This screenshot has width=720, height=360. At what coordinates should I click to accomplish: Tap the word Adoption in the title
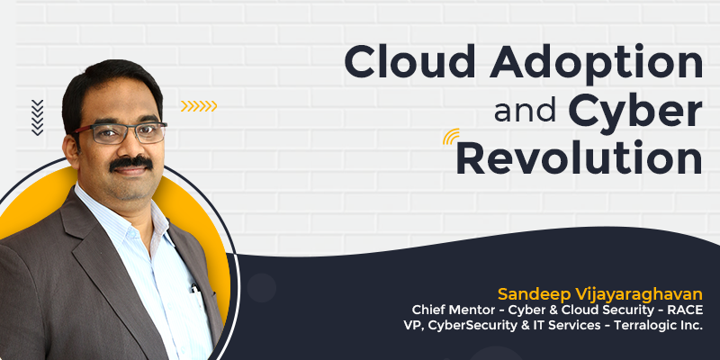[596, 65]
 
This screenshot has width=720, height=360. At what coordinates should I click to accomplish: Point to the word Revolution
[580, 157]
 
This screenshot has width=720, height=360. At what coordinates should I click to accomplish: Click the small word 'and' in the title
[526, 112]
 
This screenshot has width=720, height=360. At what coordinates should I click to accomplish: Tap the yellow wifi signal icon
[451, 137]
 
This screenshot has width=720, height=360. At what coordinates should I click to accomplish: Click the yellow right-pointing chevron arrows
[199, 106]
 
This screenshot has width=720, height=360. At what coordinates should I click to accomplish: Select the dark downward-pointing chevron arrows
[37, 118]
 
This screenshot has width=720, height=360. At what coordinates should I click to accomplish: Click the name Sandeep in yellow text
[527, 295]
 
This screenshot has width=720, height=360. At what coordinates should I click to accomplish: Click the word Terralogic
[646, 326]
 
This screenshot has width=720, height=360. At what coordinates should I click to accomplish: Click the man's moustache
[130, 163]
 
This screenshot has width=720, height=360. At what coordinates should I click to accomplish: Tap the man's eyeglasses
[121, 133]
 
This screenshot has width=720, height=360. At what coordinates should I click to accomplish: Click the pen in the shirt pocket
[195, 290]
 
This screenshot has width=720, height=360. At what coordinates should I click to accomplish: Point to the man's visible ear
[71, 149]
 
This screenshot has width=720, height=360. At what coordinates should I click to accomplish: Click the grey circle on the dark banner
[262, 288]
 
